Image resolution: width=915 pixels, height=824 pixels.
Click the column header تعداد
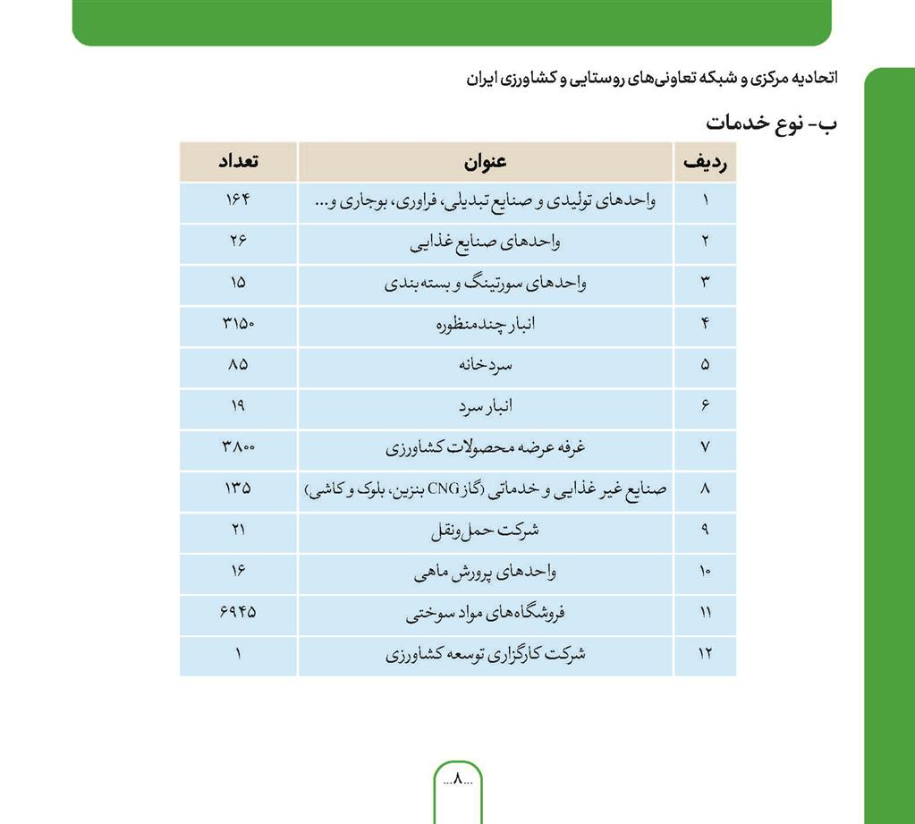coord(238,162)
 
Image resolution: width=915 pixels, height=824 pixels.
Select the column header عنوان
coord(485,162)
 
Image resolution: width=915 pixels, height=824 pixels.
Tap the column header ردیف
coord(705,162)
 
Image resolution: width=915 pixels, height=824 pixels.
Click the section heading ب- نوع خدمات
coord(772,123)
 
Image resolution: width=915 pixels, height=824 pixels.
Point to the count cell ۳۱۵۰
coord(238,323)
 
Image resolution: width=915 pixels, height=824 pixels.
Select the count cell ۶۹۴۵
coord(238,613)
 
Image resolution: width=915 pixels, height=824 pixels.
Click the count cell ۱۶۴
coord(238,200)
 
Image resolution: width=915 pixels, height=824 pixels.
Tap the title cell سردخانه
coord(485,365)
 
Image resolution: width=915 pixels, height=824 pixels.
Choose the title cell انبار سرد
coord(485,406)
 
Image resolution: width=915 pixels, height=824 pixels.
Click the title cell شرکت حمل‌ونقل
coord(485,530)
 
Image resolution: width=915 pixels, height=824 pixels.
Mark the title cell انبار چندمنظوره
coord(485,323)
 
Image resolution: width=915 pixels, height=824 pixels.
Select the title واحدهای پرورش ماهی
coord(485,572)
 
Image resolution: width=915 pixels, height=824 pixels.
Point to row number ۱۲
coord(705,654)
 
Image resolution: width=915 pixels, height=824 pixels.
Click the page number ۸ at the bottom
coord(457,778)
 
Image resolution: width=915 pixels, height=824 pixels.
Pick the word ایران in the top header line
coord(487,79)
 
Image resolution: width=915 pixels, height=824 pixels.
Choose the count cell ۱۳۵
coord(238,488)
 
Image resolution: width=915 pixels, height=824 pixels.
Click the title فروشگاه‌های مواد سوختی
coord(485,613)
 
